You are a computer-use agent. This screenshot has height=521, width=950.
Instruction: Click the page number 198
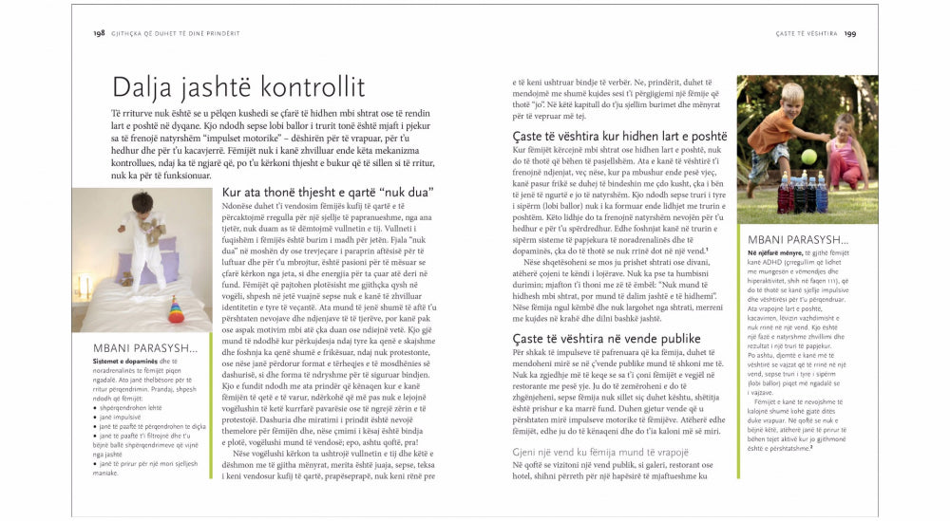click(98, 33)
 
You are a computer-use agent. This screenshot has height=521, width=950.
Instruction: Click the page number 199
click(849, 33)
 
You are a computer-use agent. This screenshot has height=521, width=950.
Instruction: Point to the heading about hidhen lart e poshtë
click(619, 137)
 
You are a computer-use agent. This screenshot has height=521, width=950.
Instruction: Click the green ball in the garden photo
click(808, 156)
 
